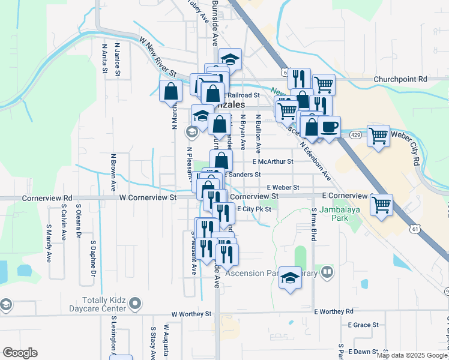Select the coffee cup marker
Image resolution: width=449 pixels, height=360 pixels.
[x=329, y=127]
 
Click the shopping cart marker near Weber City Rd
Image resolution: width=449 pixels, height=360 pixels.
[x=378, y=136]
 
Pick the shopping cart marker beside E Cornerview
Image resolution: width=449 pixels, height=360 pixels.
[x=382, y=205]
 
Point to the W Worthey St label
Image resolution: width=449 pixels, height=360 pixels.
[x=191, y=314]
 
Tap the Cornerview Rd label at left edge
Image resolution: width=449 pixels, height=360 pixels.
[x=47, y=197]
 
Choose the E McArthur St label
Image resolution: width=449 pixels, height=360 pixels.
[x=273, y=161]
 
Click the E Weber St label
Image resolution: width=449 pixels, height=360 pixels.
[x=283, y=188]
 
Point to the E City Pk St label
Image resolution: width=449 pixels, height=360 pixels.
[x=255, y=209]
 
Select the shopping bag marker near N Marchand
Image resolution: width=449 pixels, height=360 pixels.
[x=170, y=92]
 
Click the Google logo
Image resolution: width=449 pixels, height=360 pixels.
[x=20, y=353]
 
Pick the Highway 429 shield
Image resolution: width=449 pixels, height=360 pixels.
[x=355, y=136]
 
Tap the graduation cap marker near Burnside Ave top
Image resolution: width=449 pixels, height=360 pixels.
[x=229, y=59]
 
